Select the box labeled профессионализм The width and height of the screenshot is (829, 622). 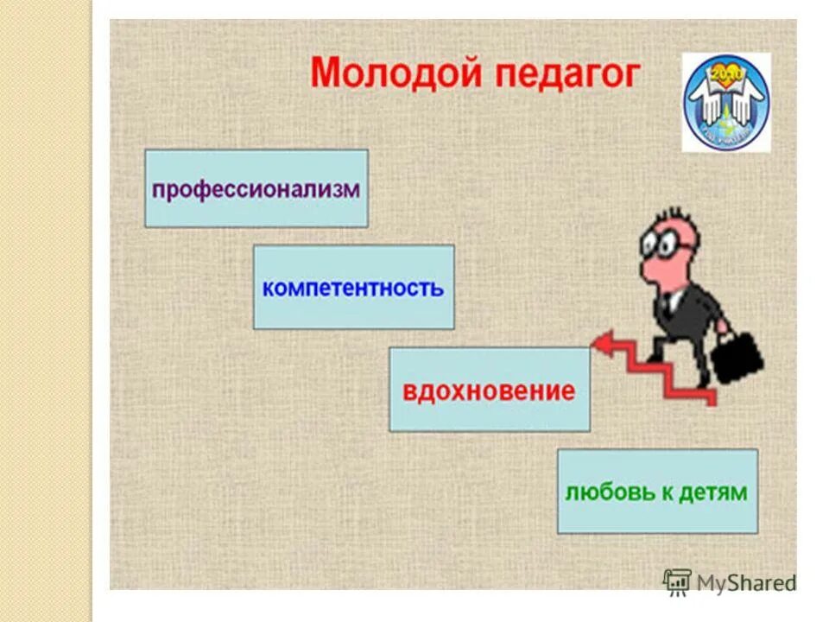click(256, 188)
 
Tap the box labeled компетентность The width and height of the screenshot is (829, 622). click(353, 287)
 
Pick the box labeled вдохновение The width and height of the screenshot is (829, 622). click(489, 390)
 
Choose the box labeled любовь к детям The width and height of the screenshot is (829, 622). click(656, 491)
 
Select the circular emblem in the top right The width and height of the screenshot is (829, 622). click(726, 102)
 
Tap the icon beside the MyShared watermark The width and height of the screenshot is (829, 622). click(677, 581)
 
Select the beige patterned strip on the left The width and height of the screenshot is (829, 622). click(45, 311)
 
